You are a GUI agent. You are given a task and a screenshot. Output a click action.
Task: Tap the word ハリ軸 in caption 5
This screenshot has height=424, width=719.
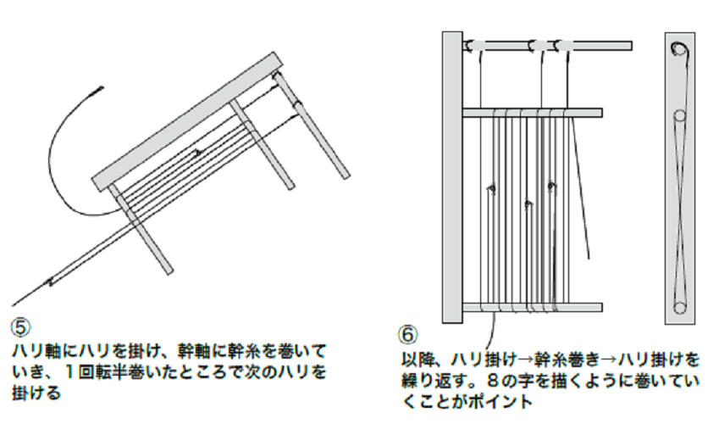click(x=34, y=350)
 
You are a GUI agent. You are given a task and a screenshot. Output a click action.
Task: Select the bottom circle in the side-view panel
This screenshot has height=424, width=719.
click(x=678, y=306)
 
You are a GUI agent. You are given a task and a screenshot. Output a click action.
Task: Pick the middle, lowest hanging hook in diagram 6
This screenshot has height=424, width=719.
click(x=528, y=204)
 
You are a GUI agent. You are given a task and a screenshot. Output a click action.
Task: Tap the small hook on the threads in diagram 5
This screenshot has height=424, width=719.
click(x=196, y=153)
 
